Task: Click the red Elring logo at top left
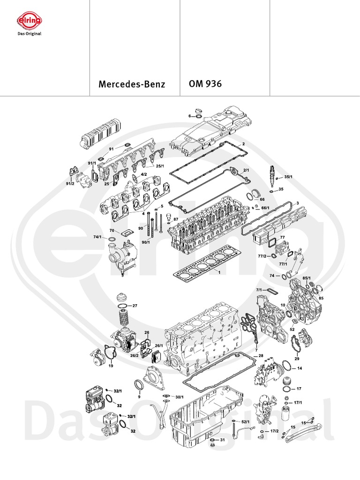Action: click(29, 21)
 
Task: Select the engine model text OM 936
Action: click(205, 85)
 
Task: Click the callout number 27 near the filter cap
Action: click(135, 306)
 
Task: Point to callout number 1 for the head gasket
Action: click(218, 272)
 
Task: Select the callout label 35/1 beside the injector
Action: click(288, 177)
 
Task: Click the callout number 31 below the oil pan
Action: click(223, 440)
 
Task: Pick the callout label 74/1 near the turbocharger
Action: click(97, 238)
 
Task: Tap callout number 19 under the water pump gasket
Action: click(111, 365)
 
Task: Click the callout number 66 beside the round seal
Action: click(262, 199)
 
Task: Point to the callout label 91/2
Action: click(70, 184)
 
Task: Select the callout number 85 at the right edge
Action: click(322, 298)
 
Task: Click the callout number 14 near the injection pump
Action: click(300, 368)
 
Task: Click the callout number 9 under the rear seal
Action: click(139, 397)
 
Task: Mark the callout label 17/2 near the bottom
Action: click(274, 430)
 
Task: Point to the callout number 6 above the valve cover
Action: click(190, 116)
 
